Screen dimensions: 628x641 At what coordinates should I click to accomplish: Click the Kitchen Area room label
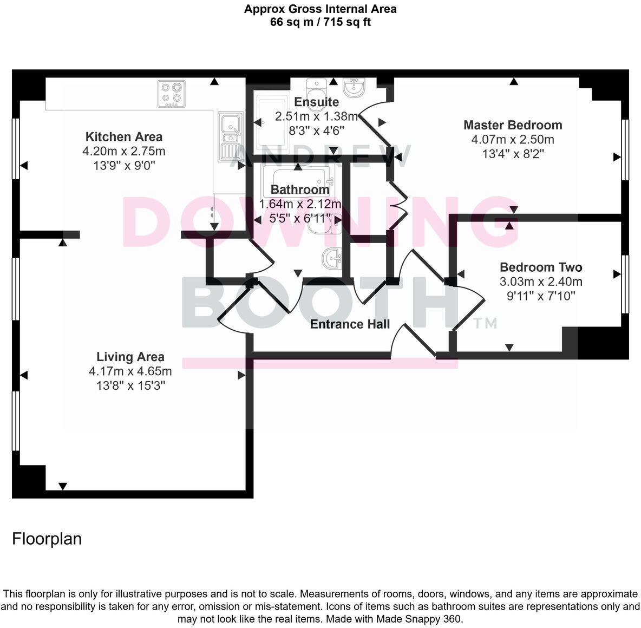click(124, 137)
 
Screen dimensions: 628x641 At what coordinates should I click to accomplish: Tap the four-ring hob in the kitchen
click(172, 93)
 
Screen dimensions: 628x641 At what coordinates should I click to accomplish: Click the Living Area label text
click(130, 357)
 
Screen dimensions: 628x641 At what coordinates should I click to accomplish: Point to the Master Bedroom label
click(513, 125)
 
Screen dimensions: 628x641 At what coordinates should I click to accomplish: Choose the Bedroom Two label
click(541, 267)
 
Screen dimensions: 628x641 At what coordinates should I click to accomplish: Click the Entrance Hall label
click(350, 324)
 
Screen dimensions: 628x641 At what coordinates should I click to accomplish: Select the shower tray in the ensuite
click(273, 125)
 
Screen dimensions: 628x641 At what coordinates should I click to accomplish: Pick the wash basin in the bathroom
click(332, 258)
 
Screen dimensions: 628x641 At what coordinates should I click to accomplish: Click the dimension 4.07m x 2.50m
click(513, 140)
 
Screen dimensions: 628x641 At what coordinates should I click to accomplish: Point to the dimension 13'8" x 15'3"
click(130, 385)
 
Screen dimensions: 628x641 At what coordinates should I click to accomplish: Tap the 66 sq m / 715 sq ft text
click(320, 22)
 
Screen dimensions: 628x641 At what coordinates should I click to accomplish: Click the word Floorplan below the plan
click(47, 539)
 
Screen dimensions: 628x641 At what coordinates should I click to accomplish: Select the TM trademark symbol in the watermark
click(485, 323)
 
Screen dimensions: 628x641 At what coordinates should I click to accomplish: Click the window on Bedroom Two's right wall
click(625, 284)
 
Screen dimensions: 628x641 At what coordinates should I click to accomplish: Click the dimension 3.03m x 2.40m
click(541, 282)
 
